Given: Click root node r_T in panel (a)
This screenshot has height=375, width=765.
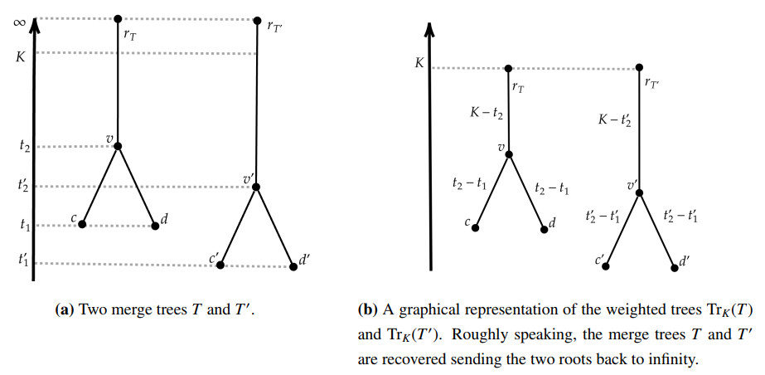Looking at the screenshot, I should point(118,18).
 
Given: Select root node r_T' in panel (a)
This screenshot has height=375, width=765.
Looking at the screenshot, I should point(256,20).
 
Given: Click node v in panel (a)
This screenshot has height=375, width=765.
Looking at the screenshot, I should point(118,146).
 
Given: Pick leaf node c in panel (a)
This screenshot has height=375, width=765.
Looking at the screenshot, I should point(82,224).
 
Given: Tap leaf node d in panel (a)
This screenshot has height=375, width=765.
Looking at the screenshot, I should point(154,225).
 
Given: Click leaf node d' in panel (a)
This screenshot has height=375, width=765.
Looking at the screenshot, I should point(293,266).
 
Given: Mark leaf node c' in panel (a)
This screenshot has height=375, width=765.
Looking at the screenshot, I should point(220,265).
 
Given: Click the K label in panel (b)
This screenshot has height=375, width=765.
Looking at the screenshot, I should point(419,63).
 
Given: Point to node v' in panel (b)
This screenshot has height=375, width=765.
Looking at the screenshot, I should point(639,192).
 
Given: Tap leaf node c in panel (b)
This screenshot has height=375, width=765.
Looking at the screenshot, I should point(475,227).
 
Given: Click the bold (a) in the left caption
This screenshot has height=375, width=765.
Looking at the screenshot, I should point(64,311).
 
